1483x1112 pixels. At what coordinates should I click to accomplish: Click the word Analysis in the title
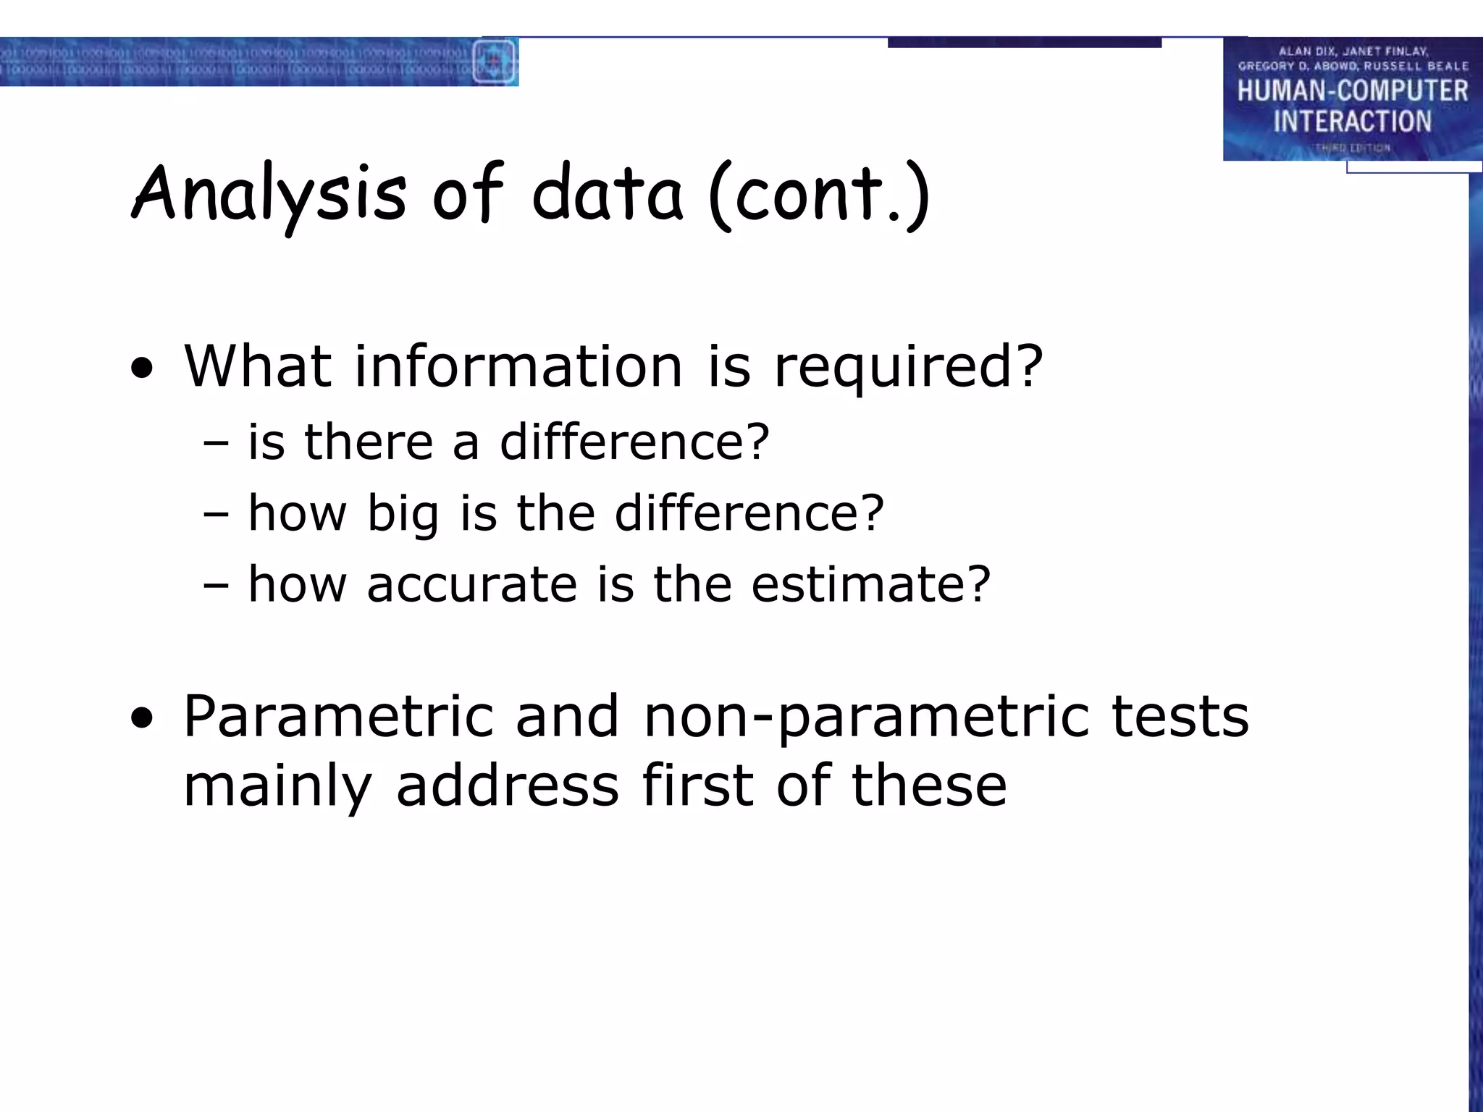coord(269,194)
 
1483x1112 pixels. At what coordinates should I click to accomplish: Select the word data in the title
coord(607,194)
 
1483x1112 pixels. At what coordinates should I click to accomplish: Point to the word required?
coord(908,368)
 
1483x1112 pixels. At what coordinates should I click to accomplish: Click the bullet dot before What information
coord(143,369)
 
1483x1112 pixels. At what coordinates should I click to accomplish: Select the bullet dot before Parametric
coord(143,720)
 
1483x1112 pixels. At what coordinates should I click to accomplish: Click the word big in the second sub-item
coord(403,514)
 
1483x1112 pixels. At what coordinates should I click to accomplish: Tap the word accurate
coord(472,584)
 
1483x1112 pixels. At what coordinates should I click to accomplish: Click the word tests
coord(1180,717)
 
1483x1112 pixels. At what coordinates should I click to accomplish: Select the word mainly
coord(278,788)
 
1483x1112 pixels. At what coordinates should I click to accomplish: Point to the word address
coord(507,786)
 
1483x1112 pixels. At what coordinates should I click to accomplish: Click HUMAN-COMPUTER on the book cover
coord(1352,91)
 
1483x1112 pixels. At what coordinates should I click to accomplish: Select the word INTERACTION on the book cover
coord(1352,122)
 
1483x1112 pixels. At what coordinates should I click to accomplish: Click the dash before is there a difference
coord(216,443)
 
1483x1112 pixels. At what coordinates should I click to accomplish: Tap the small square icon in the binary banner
coord(495,61)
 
